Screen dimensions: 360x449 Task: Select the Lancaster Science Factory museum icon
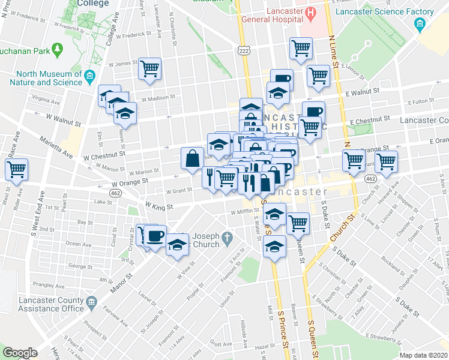(420, 24)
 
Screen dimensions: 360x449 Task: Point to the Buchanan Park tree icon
(58, 47)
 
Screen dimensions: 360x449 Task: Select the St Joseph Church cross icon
(226, 239)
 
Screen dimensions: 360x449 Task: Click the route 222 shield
(243, 53)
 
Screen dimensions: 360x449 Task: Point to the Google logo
(20, 353)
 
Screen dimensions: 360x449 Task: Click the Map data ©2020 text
(424, 355)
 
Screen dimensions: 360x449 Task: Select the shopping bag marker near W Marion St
(192, 158)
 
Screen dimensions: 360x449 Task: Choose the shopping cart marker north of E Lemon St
(300, 48)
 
